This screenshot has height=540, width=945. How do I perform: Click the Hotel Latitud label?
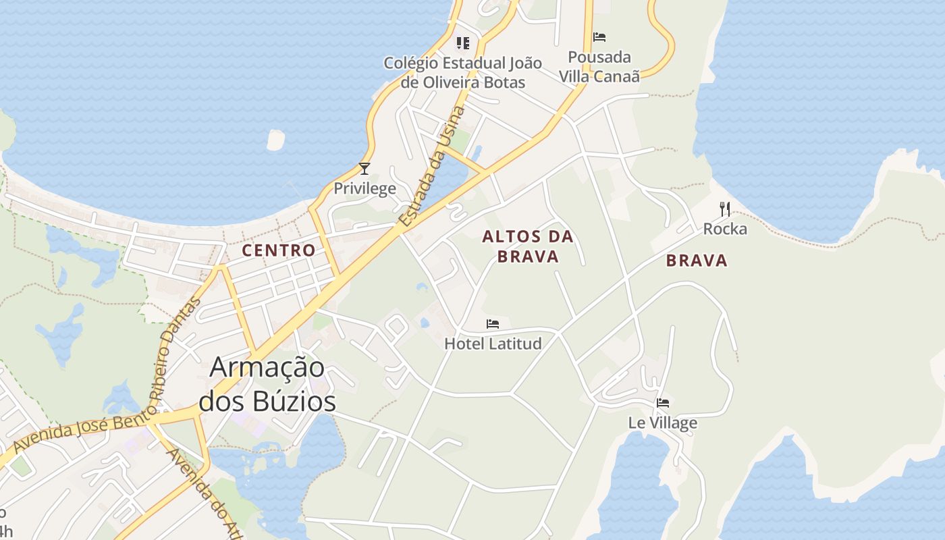tap(493, 344)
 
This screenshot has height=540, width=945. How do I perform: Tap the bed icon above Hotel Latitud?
tap(493, 324)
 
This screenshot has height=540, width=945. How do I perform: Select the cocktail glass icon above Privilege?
tap(364, 168)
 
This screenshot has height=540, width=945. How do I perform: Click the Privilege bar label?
tap(365, 188)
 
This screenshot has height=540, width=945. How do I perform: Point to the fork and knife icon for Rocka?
tap(725, 209)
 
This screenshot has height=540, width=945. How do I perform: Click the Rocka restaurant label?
tap(725, 229)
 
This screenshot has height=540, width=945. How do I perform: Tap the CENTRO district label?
tap(279, 250)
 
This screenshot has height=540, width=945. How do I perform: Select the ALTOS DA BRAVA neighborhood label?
tap(528, 246)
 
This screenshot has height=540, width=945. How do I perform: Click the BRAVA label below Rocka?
tap(697, 261)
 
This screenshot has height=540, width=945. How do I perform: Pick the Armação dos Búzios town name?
tap(267, 384)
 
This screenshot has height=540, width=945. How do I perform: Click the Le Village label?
tap(662, 423)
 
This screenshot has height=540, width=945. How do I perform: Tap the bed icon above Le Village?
tap(663, 403)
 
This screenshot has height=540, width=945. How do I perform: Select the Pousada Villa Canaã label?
tap(599, 66)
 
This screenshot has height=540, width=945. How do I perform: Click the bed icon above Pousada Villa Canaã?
tap(599, 37)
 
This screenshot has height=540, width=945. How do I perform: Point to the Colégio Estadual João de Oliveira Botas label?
tap(462, 72)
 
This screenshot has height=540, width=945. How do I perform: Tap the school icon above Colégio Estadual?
tap(462, 43)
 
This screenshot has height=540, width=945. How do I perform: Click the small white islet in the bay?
tap(275, 140)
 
